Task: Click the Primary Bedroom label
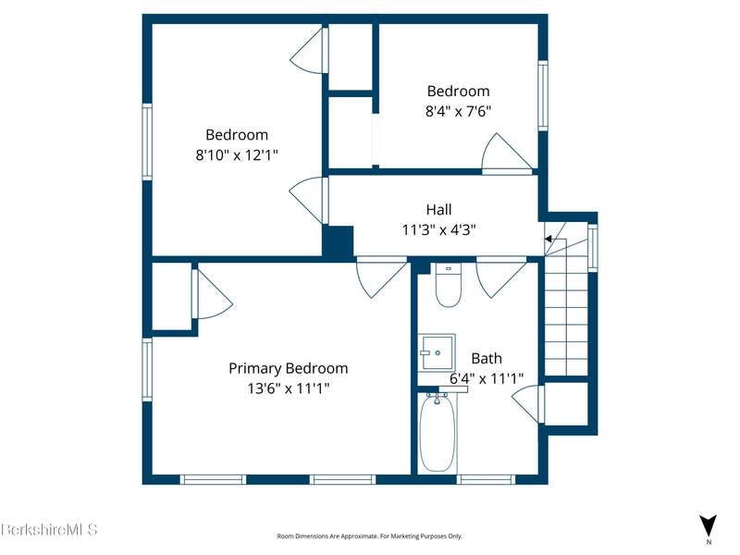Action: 289,368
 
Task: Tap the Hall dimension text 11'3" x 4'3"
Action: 438,229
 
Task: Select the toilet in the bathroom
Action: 448,285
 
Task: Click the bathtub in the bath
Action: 438,433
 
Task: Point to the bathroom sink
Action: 437,352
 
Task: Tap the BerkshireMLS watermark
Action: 49,529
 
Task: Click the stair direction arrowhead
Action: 549,239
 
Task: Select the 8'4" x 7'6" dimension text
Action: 458,111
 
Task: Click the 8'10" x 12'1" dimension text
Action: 237,154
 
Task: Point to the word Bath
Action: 487,358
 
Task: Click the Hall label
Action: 438,209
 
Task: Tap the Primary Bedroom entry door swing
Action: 381,277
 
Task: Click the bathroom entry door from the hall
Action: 501,277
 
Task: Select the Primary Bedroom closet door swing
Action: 212,294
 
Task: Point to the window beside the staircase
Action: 592,248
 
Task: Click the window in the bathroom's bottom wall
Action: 486,479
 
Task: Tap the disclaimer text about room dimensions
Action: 369,536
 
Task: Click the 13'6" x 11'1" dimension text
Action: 289,388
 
